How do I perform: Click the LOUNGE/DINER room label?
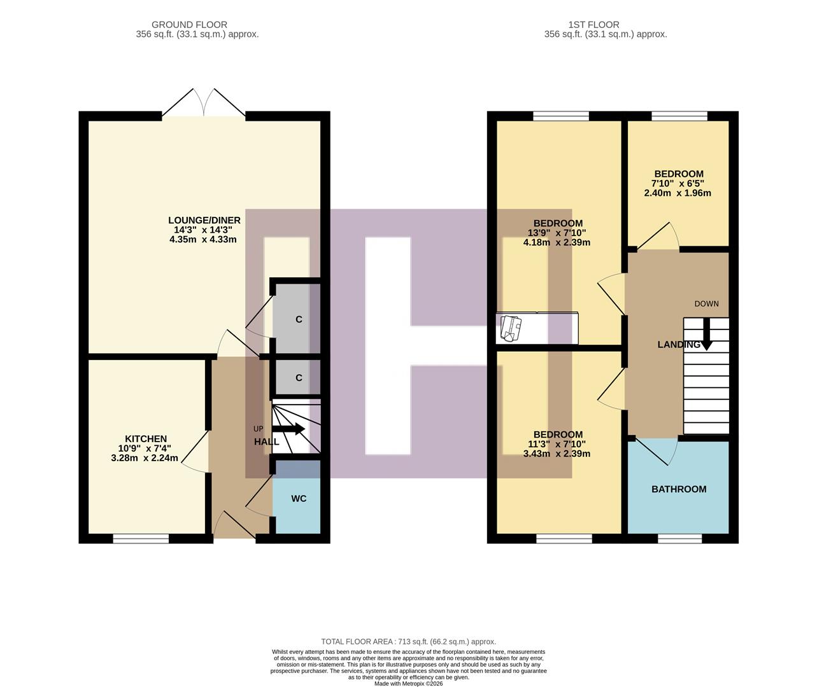(204, 221)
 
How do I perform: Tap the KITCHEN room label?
(146, 439)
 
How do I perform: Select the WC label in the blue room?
(299, 499)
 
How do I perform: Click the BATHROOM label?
(679, 489)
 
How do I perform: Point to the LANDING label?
(678, 345)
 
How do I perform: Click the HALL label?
(266, 441)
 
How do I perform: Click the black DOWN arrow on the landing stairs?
(706, 334)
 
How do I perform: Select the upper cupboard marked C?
(299, 319)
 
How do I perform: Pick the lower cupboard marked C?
(299, 378)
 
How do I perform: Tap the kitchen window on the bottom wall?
(141, 539)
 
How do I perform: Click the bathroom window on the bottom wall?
(679, 539)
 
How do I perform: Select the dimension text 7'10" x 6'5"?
(679, 184)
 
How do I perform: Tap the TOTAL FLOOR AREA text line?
(408, 642)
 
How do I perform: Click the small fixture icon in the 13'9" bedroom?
(511, 327)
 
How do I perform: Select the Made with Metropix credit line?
(408, 684)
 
